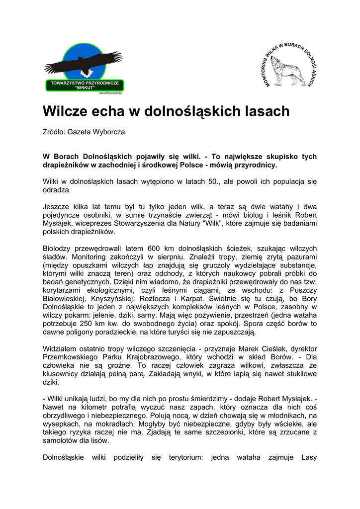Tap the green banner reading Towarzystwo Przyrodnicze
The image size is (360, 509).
[x=85, y=85]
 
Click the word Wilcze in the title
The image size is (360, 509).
[x=66, y=111]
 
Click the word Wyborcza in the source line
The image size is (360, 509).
[x=108, y=133]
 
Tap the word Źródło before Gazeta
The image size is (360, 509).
[x=54, y=133]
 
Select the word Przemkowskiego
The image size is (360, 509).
[x=74, y=357]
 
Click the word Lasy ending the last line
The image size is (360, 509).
[x=309, y=457]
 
